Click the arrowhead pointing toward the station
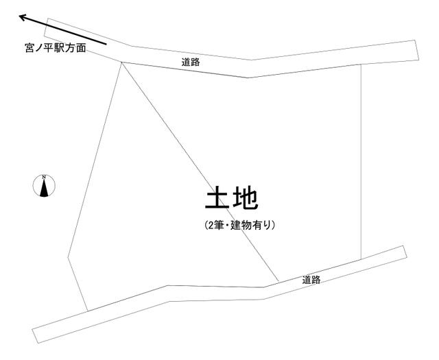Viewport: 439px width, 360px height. pos(23,17)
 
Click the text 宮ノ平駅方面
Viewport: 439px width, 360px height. pos(56,49)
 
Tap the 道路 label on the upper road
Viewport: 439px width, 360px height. pos(191,62)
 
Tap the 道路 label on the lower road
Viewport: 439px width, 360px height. pos(311,280)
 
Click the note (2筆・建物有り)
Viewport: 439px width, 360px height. pos(239,225)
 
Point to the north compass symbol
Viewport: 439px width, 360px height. pos(44,186)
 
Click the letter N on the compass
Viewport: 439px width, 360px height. pos(44,177)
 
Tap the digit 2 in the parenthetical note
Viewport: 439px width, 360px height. pos(210,225)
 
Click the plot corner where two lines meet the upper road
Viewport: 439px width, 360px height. pos(122,62)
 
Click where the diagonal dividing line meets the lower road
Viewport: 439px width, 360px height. pos(279,282)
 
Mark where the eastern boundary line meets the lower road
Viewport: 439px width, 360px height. pos(361,259)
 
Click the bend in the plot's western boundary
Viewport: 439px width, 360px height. pos(68,256)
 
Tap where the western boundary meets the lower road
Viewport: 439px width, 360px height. pos(88,311)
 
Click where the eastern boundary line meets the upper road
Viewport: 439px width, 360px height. pos(361,64)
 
